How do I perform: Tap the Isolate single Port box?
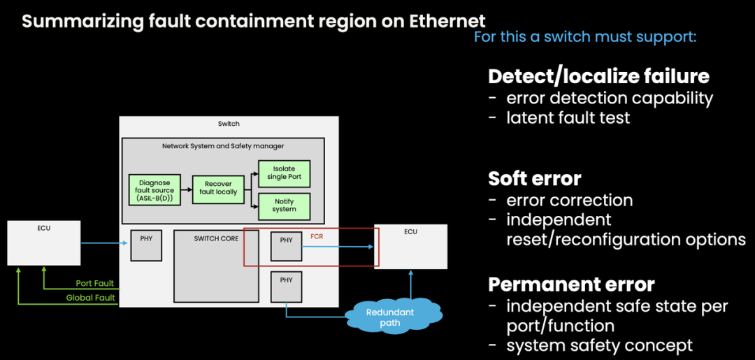pyautogui.click(x=284, y=173)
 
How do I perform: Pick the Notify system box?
pyautogui.click(x=284, y=205)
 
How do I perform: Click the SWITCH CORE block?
pyautogui.click(x=216, y=266)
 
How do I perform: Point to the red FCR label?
pyautogui.click(x=317, y=237)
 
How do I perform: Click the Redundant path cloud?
pyautogui.click(x=390, y=317)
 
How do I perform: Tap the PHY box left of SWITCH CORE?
pyautogui.click(x=146, y=245)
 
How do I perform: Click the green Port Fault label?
pyautogui.click(x=95, y=284)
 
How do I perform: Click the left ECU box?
pyautogui.click(x=43, y=243)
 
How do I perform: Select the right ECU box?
pyautogui.click(x=410, y=246)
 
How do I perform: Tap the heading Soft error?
pyautogui.click(x=535, y=178)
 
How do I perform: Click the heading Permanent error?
pyautogui.click(x=571, y=285)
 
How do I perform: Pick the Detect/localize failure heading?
pyautogui.click(x=598, y=75)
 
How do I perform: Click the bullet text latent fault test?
pyautogui.click(x=568, y=117)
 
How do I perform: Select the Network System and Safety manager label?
pyautogui.click(x=223, y=146)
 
